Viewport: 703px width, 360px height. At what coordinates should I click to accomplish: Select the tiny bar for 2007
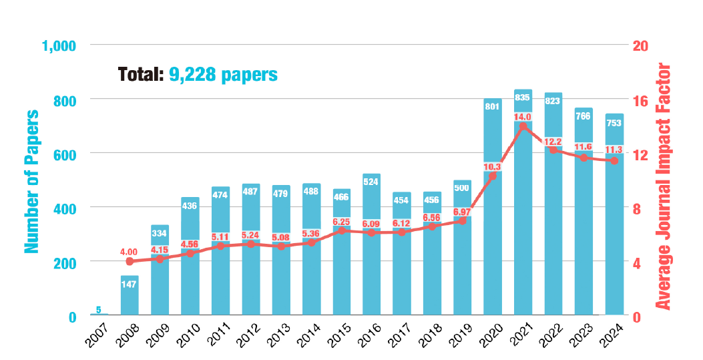[x=99, y=315]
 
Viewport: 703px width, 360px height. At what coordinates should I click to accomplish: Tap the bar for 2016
[x=372, y=267]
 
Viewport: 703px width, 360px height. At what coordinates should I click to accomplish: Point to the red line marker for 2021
[x=523, y=126]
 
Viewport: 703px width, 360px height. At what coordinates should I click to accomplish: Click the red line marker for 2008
[x=130, y=261]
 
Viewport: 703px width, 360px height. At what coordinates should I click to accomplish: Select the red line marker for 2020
[x=493, y=176]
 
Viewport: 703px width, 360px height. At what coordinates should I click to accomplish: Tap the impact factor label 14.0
[x=523, y=115]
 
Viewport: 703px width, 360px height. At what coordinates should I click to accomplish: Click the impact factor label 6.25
[x=342, y=222]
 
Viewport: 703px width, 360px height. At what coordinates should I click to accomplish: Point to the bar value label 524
[x=372, y=180]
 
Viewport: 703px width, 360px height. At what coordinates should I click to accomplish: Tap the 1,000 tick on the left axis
[x=59, y=46]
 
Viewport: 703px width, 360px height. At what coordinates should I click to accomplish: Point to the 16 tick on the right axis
[x=641, y=100]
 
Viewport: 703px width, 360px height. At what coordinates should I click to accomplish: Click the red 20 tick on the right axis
[x=641, y=46]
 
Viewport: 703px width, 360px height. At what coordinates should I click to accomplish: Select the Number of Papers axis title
[x=31, y=181]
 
